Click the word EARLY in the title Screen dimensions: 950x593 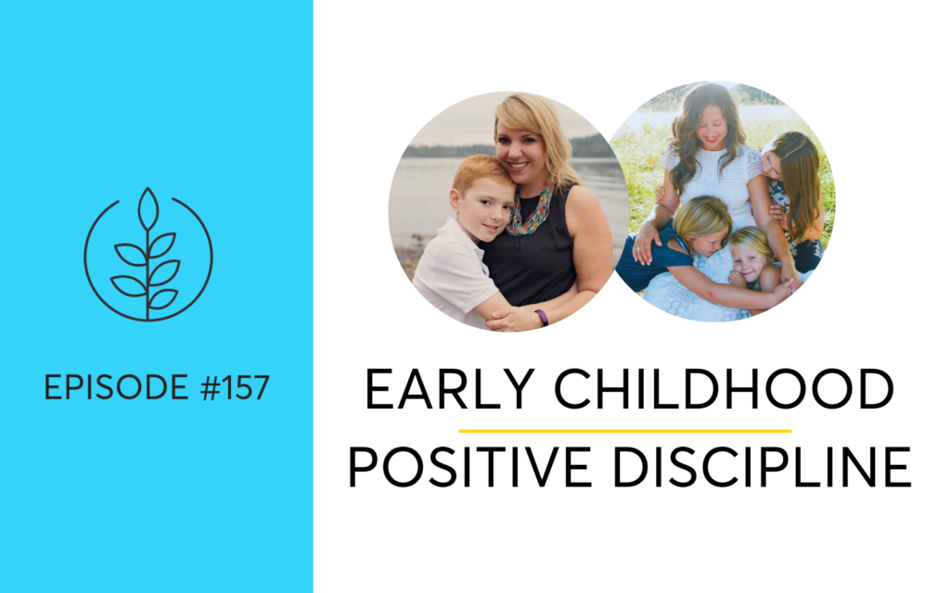coord(449,389)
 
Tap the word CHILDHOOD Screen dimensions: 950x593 coord(724,389)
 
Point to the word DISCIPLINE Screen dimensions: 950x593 coord(763,467)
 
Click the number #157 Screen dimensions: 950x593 coord(235,387)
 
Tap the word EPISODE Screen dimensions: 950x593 coord(116,387)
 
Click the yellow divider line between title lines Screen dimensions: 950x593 coord(625,431)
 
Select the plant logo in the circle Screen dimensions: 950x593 coord(148,255)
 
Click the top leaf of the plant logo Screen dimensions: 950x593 coord(148,208)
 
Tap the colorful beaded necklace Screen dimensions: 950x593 coord(531,213)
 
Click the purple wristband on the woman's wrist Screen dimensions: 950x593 coord(542,317)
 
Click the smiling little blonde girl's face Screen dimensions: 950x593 coord(749,262)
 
